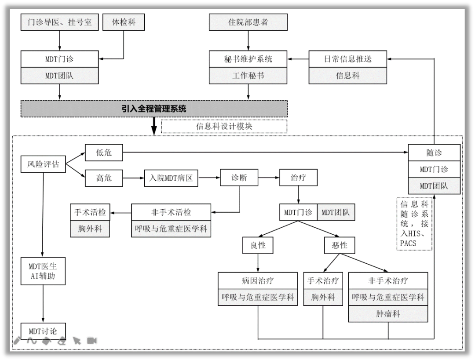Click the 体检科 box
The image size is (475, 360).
tap(124, 22)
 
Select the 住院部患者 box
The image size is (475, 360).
tap(248, 22)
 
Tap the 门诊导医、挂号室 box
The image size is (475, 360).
tap(59, 22)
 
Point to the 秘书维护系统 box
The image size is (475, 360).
tap(248, 59)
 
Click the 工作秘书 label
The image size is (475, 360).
tap(248, 75)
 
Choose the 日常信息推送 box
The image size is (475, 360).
tap(347, 59)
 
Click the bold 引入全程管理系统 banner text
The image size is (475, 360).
tap(154, 109)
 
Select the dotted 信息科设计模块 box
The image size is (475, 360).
tap(224, 126)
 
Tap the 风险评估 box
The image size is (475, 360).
tap(44, 164)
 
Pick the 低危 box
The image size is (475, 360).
tap(104, 153)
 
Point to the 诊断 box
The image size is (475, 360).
tap(239, 178)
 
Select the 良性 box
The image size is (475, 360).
tap(258, 245)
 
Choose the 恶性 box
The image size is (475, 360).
tap(339, 245)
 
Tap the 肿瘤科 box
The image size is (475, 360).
tap(388, 314)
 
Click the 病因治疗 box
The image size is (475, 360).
tap(258, 280)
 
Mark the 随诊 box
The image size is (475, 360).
tap(434, 153)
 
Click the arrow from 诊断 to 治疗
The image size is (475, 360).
tap(269, 178)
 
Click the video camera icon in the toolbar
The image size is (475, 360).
tap(91, 341)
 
